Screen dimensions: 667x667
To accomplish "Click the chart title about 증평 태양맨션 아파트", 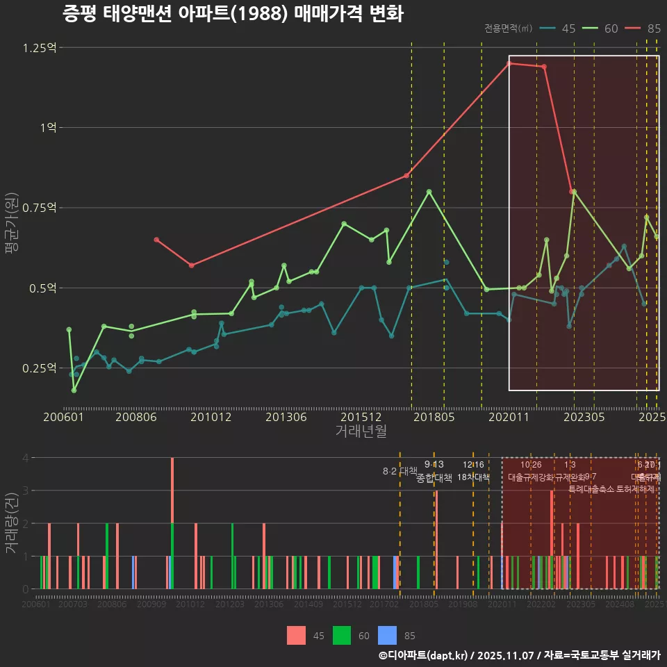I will pyautogui.click(x=233, y=14).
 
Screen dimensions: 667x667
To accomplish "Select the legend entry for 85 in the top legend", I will pyautogui.click(x=643, y=28).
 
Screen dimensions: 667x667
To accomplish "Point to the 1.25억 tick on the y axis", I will pyautogui.click(x=40, y=48).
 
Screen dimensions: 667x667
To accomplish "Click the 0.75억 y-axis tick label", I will pyautogui.click(x=40, y=208).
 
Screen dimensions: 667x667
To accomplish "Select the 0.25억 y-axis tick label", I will pyautogui.click(x=40, y=368).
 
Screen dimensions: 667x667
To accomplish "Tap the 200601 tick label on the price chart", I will pyautogui.click(x=64, y=417).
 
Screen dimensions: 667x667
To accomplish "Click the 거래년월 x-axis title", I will pyautogui.click(x=361, y=431).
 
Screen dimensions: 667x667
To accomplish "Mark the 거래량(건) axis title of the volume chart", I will pyautogui.click(x=11, y=522).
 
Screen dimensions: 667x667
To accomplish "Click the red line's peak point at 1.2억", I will pyautogui.click(x=509, y=63).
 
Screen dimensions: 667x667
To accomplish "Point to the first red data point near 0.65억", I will pyautogui.click(x=156, y=240).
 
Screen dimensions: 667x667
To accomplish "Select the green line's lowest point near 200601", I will pyautogui.click(x=74, y=390).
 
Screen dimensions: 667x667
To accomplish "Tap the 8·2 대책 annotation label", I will pyautogui.click(x=400, y=471).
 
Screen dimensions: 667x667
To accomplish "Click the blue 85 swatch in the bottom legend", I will pyautogui.click(x=387, y=635).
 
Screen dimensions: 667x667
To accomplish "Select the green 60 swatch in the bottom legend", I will pyautogui.click(x=342, y=635).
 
